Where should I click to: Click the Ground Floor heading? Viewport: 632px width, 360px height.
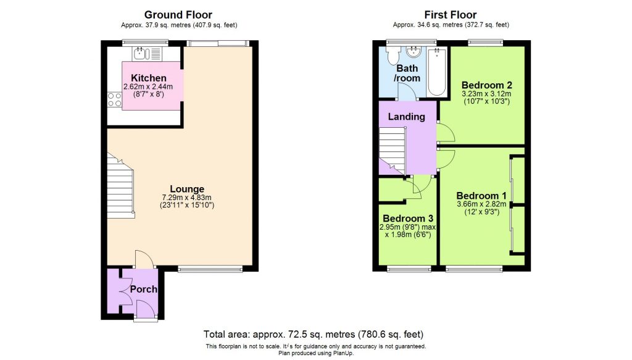[178, 14]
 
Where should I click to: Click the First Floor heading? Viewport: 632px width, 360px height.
[450, 14]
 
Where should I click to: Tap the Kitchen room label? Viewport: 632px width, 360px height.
[148, 78]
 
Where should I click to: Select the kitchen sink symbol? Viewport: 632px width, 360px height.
[144, 52]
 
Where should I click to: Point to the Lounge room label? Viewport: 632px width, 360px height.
[188, 189]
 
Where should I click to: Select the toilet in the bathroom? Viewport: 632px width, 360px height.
[393, 56]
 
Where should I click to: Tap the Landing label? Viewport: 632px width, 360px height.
[406, 116]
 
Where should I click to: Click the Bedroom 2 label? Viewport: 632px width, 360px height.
[487, 85]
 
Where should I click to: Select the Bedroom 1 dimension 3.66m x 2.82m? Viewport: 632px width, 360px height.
[481, 204]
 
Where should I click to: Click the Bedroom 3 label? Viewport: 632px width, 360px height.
[407, 219]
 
